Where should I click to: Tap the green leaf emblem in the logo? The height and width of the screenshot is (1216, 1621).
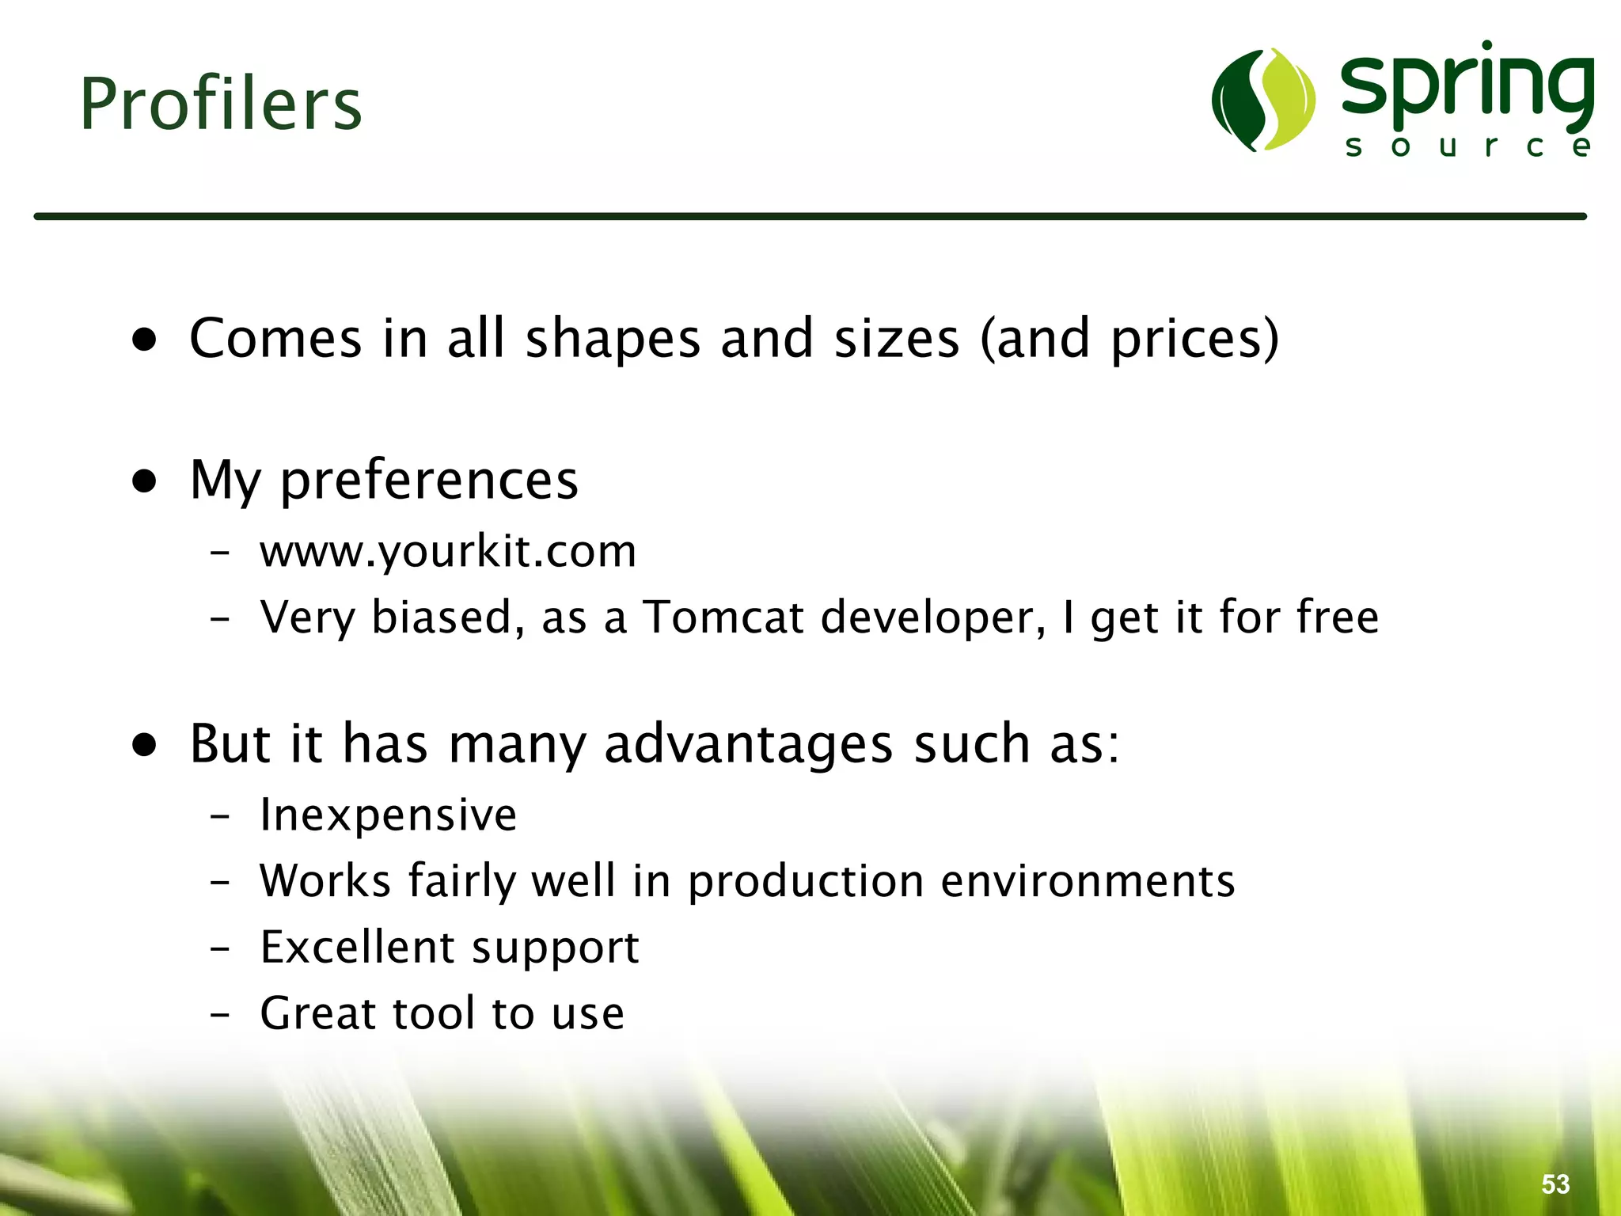tap(1263, 100)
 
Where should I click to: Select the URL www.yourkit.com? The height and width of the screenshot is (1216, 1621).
tap(448, 551)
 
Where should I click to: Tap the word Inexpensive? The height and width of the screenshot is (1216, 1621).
tap(388, 815)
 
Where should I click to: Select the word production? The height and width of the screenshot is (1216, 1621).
tap(806, 881)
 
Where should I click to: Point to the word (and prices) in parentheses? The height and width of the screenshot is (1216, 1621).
tap(1129, 339)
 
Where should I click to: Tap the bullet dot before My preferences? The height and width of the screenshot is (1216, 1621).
tap(145, 481)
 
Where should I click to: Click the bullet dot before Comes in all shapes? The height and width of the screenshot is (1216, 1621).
tap(145, 340)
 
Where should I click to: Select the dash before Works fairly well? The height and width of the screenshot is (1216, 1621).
tap(220, 882)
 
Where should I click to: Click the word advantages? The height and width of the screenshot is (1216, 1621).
tap(748, 744)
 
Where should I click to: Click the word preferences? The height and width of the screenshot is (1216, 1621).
tap(429, 481)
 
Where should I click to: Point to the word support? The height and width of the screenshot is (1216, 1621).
tap(555, 948)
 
